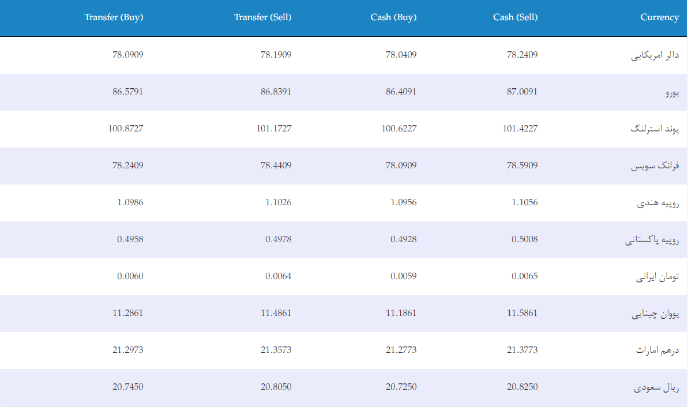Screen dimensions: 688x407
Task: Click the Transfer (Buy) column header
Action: point(114,17)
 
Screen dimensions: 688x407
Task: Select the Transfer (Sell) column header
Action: point(262,17)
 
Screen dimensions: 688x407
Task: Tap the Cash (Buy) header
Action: point(393,17)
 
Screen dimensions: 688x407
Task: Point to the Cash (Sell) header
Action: point(515,17)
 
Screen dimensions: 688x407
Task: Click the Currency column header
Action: point(660,17)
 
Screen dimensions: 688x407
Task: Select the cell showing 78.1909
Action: point(276,54)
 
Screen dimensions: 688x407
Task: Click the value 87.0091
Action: point(522,91)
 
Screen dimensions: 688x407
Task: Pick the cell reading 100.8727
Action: point(126,128)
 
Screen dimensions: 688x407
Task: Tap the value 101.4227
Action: point(520,128)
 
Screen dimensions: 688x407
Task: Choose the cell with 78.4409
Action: point(276,165)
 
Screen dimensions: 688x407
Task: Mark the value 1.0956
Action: point(403,202)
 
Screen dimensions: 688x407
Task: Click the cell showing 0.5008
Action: point(524,239)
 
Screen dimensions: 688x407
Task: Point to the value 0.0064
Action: point(278,276)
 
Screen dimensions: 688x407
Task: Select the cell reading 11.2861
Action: point(127,312)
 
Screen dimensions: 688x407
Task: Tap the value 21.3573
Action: point(276,349)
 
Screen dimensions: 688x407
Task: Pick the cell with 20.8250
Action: point(522,386)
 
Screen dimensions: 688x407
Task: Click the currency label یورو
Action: point(672,93)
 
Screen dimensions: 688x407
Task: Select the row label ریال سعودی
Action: point(656,387)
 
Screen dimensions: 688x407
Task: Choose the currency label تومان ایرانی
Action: point(657,277)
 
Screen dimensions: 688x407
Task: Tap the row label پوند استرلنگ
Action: point(655,129)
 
